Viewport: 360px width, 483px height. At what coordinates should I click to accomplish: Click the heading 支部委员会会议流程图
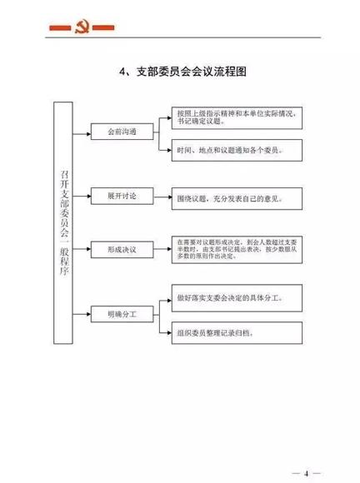(x=187, y=72)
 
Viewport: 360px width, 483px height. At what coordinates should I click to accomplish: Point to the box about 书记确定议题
(x=236, y=117)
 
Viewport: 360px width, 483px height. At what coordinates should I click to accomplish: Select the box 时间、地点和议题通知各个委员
(x=236, y=150)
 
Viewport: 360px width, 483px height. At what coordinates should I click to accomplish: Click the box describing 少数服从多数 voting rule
(x=236, y=248)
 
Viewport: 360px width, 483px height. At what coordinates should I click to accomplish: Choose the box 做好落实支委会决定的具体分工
(x=236, y=297)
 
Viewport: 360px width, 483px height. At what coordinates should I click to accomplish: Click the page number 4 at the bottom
(x=305, y=472)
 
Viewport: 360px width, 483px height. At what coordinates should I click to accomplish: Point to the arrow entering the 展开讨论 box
(x=87, y=196)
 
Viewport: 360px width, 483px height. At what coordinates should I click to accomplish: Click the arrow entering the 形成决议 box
(x=87, y=250)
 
